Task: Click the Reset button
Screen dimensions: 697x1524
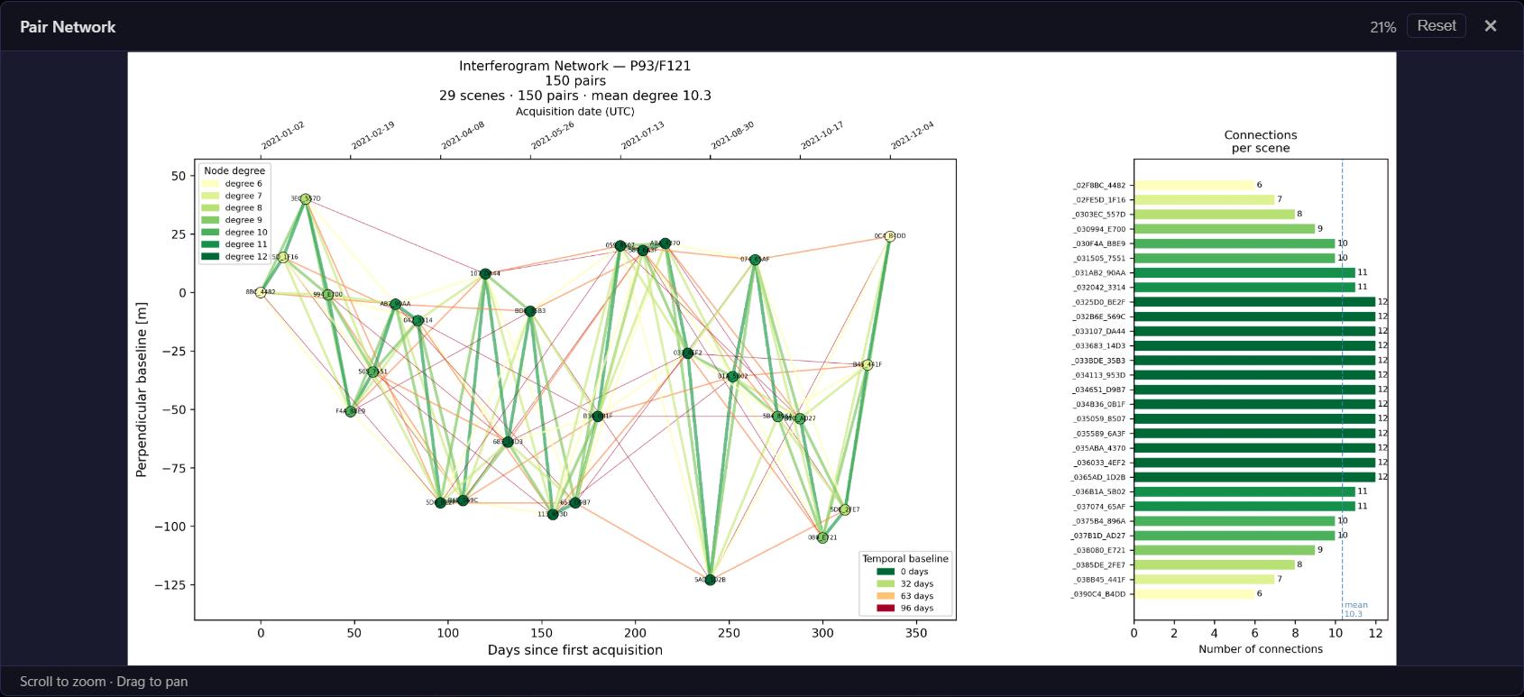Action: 1437,26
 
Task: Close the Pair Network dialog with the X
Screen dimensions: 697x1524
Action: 1491,26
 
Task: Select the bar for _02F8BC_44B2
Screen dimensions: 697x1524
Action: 1194,186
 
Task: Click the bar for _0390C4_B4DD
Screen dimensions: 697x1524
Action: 1194,594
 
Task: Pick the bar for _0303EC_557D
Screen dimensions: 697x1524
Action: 1214,215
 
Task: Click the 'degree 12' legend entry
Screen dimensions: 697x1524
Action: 234,257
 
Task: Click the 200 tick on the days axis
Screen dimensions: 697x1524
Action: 635,633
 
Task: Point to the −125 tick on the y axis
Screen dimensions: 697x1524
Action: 169,585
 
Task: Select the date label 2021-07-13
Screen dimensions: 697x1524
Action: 642,136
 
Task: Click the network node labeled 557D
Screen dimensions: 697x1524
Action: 306,198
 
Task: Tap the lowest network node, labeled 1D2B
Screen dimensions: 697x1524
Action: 710,580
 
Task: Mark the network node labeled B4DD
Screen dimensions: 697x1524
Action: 889,236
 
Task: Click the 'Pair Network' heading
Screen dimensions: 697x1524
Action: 68,27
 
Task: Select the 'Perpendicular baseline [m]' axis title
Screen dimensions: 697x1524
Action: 142,390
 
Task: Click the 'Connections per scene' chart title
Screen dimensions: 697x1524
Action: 1260,142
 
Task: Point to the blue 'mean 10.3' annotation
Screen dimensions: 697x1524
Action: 1354,610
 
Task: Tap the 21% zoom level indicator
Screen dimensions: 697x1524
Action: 1382,27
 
